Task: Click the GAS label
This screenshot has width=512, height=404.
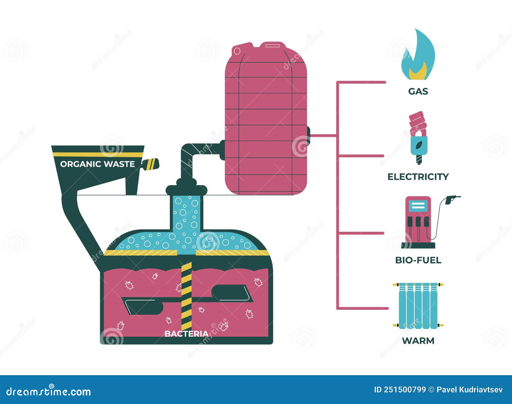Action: (418, 92)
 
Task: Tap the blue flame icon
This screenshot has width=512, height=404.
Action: (418, 56)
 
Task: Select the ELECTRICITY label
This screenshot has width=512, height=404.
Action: (418, 177)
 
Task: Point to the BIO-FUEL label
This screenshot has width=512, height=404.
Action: (418, 260)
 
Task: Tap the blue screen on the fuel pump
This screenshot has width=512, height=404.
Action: (418, 205)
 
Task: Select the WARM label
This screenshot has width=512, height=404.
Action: (418, 341)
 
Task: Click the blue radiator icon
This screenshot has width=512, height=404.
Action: (418, 306)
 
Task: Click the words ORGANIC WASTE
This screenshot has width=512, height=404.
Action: (97, 164)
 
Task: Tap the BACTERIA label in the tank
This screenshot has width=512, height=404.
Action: (186, 334)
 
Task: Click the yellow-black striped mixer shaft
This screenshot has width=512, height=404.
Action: (186, 295)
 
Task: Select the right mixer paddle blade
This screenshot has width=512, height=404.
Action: (230, 293)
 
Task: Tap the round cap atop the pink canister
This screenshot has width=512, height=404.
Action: (237, 51)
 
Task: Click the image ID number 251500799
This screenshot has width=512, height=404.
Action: (405, 390)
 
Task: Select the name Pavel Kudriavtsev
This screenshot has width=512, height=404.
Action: (469, 390)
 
